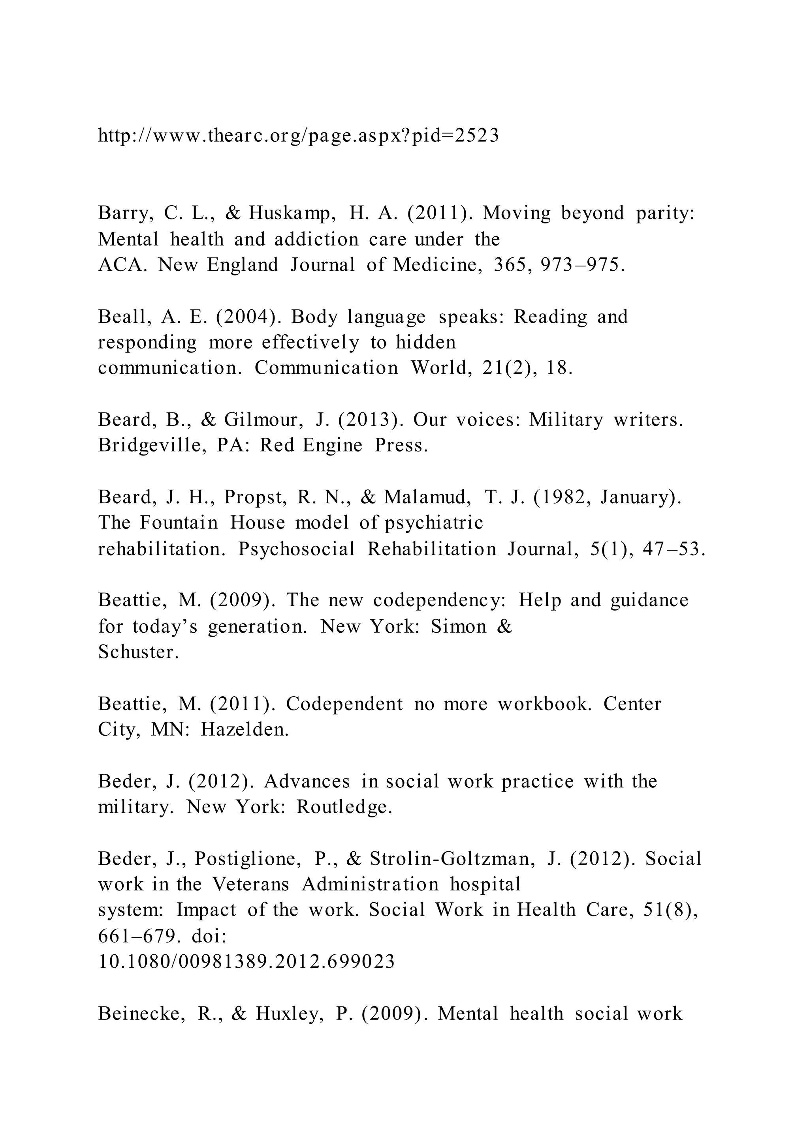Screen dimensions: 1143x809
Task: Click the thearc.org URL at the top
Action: pyautogui.click(x=298, y=135)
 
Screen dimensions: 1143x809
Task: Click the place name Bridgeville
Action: pyautogui.click(x=152, y=446)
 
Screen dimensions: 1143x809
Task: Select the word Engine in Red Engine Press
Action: pyautogui.click(x=332, y=445)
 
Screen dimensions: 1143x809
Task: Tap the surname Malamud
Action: pyautogui.click(x=427, y=497)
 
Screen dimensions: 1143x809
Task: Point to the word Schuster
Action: pyautogui.click(x=138, y=652)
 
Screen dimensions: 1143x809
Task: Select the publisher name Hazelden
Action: pyautogui.click(x=245, y=730)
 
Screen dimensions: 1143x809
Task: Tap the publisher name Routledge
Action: pyautogui.click(x=344, y=807)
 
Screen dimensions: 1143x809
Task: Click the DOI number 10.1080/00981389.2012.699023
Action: pyautogui.click(x=246, y=961)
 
